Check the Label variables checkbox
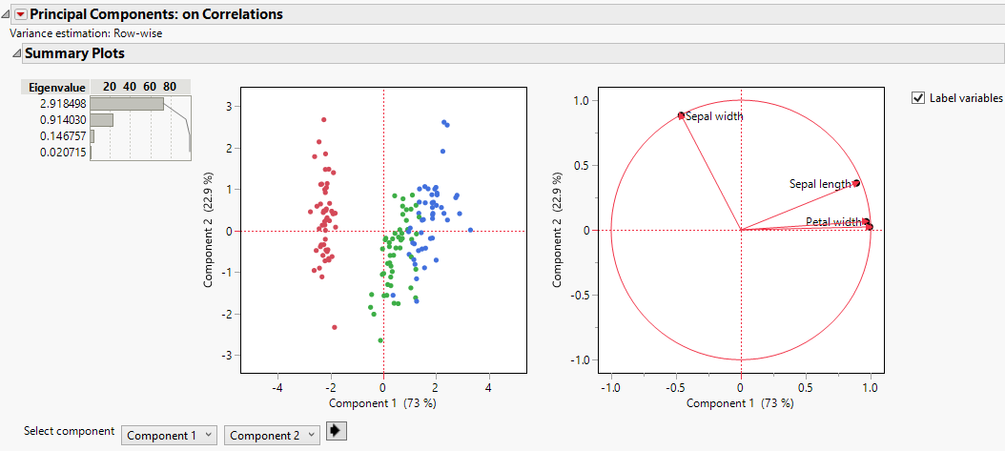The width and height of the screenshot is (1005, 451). click(918, 97)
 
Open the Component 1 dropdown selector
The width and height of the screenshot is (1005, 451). click(170, 436)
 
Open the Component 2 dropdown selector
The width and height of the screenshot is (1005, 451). click(272, 436)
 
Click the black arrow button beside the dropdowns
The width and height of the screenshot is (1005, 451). click(337, 432)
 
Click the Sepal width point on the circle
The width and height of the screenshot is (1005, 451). click(681, 115)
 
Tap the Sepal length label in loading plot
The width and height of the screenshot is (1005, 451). click(819, 183)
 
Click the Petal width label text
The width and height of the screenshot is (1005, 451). click(832, 222)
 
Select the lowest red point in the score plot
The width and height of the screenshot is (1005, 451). click(335, 327)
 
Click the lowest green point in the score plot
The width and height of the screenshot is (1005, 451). click(380, 340)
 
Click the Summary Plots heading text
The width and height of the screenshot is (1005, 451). click(74, 53)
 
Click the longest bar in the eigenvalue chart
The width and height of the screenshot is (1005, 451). click(127, 103)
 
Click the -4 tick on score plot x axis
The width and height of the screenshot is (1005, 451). click(277, 388)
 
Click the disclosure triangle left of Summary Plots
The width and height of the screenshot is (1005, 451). click(15, 54)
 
